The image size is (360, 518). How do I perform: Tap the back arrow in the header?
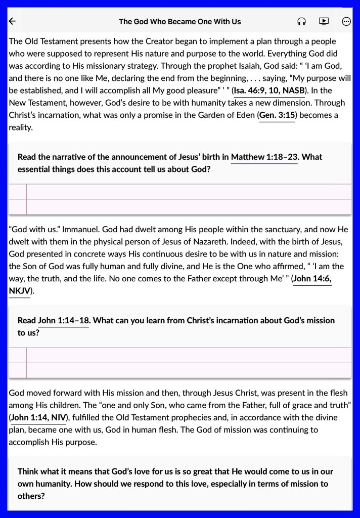pos(13,21)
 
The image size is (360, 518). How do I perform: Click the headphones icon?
pos(302,21)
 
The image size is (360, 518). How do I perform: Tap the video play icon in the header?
pos(324,21)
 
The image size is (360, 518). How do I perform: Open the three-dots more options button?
pos(346,21)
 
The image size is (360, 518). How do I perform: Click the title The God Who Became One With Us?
pos(179,21)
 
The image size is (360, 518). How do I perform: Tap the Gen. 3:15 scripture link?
pos(277,115)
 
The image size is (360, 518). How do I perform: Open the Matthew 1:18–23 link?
pos(264,157)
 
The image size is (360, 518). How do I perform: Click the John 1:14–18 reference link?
pos(63,320)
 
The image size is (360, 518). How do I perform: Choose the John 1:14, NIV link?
pos(38,418)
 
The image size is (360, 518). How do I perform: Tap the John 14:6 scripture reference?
pos(312,279)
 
